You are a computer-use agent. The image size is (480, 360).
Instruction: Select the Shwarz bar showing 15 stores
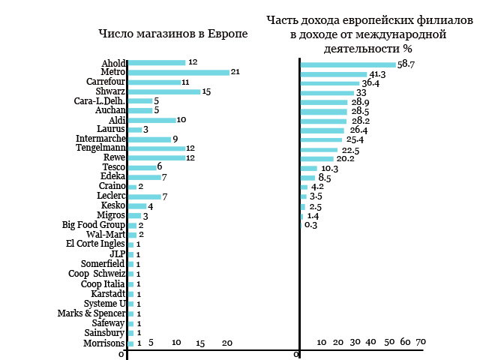point(164,91)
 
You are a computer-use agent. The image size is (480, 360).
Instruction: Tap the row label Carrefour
point(106,82)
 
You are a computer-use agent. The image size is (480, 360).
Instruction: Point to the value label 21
point(235,72)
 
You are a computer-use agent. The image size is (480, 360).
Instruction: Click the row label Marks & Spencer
point(91,313)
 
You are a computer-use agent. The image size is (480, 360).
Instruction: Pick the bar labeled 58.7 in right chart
point(348,64)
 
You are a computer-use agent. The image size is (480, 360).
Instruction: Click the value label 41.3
point(377,74)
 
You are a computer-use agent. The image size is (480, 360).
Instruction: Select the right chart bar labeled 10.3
point(309,168)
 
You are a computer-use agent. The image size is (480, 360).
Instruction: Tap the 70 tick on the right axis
point(421,342)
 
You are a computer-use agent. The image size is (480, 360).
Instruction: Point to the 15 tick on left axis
point(200,343)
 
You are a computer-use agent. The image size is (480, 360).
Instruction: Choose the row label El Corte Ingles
point(95,244)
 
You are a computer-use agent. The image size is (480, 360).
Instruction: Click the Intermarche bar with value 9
point(150,139)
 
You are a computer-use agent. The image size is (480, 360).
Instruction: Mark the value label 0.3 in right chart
point(310,225)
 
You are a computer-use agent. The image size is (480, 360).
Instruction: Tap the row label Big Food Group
point(93,225)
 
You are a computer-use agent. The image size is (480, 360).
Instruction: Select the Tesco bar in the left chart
point(142,167)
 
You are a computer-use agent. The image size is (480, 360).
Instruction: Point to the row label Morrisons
point(104,343)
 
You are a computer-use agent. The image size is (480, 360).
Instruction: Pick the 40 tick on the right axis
point(370,342)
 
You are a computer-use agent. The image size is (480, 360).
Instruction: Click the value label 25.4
point(355,139)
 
